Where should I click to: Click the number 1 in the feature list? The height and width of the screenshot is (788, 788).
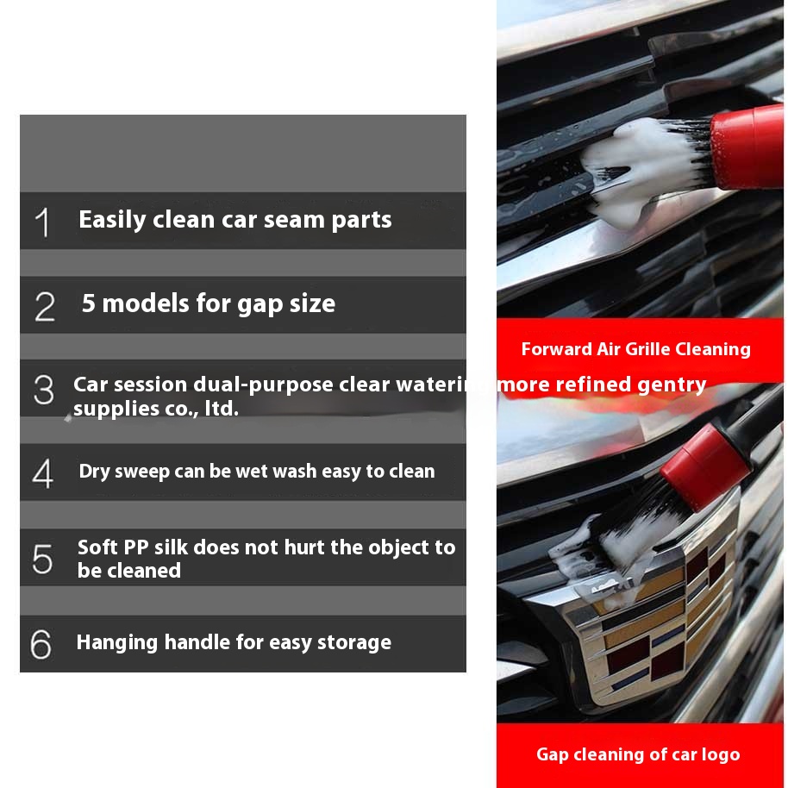pyautogui.click(x=43, y=222)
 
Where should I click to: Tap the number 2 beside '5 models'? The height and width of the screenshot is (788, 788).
pyautogui.click(x=45, y=307)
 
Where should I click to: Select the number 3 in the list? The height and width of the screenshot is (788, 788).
pyautogui.click(x=44, y=390)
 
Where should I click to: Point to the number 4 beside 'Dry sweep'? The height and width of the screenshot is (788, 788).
pyautogui.click(x=43, y=473)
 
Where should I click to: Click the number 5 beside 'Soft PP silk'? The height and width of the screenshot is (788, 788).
pyautogui.click(x=42, y=559)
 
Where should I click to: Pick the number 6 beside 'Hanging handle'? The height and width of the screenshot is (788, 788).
pyautogui.click(x=41, y=644)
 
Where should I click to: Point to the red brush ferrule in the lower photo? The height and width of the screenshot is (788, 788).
pyautogui.click(x=705, y=467)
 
